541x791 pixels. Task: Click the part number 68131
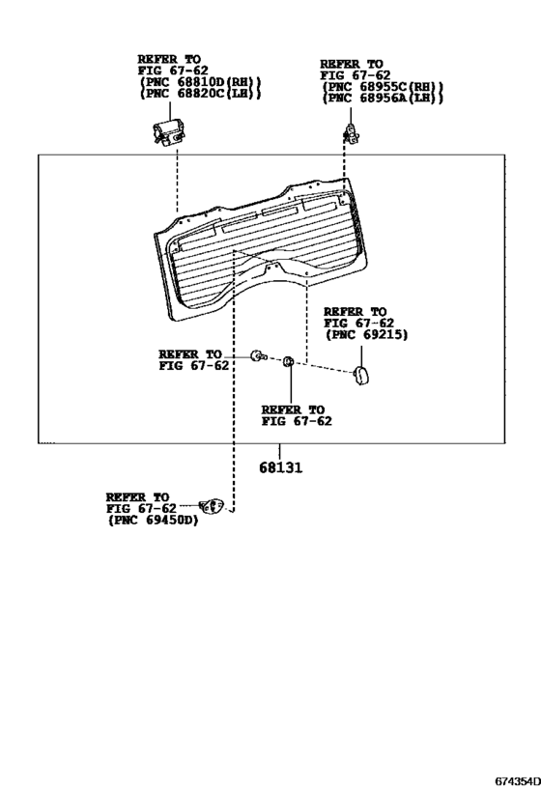pyautogui.click(x=281, y=467)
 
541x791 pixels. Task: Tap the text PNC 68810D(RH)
pyautogui.click(x=200, y=82)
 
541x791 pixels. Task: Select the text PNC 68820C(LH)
pyautogui.click(x=200, y=94)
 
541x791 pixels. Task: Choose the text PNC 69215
pyautogui.click(x=366, y=334)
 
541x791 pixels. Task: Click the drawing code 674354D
pyautogui.click(x=517, y=781)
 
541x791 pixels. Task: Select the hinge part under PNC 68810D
pyautogui.click(x=169, y=131)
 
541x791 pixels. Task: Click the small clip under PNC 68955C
pyautogui.click(x=352, y=133)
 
